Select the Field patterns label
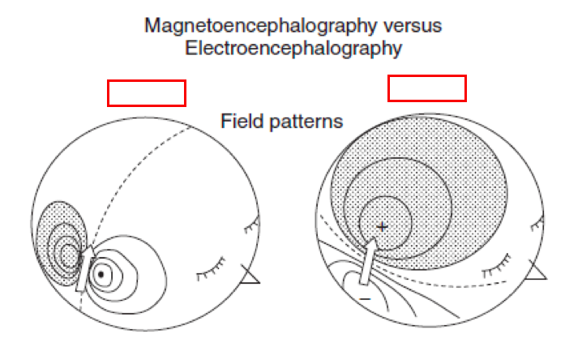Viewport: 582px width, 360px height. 282,122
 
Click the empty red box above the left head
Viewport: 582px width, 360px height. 147,93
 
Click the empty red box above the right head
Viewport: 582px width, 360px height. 427,88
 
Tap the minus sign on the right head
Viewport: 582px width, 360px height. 365,299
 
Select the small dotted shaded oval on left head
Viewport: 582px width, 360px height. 60,235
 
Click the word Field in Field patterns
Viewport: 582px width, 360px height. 239,122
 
